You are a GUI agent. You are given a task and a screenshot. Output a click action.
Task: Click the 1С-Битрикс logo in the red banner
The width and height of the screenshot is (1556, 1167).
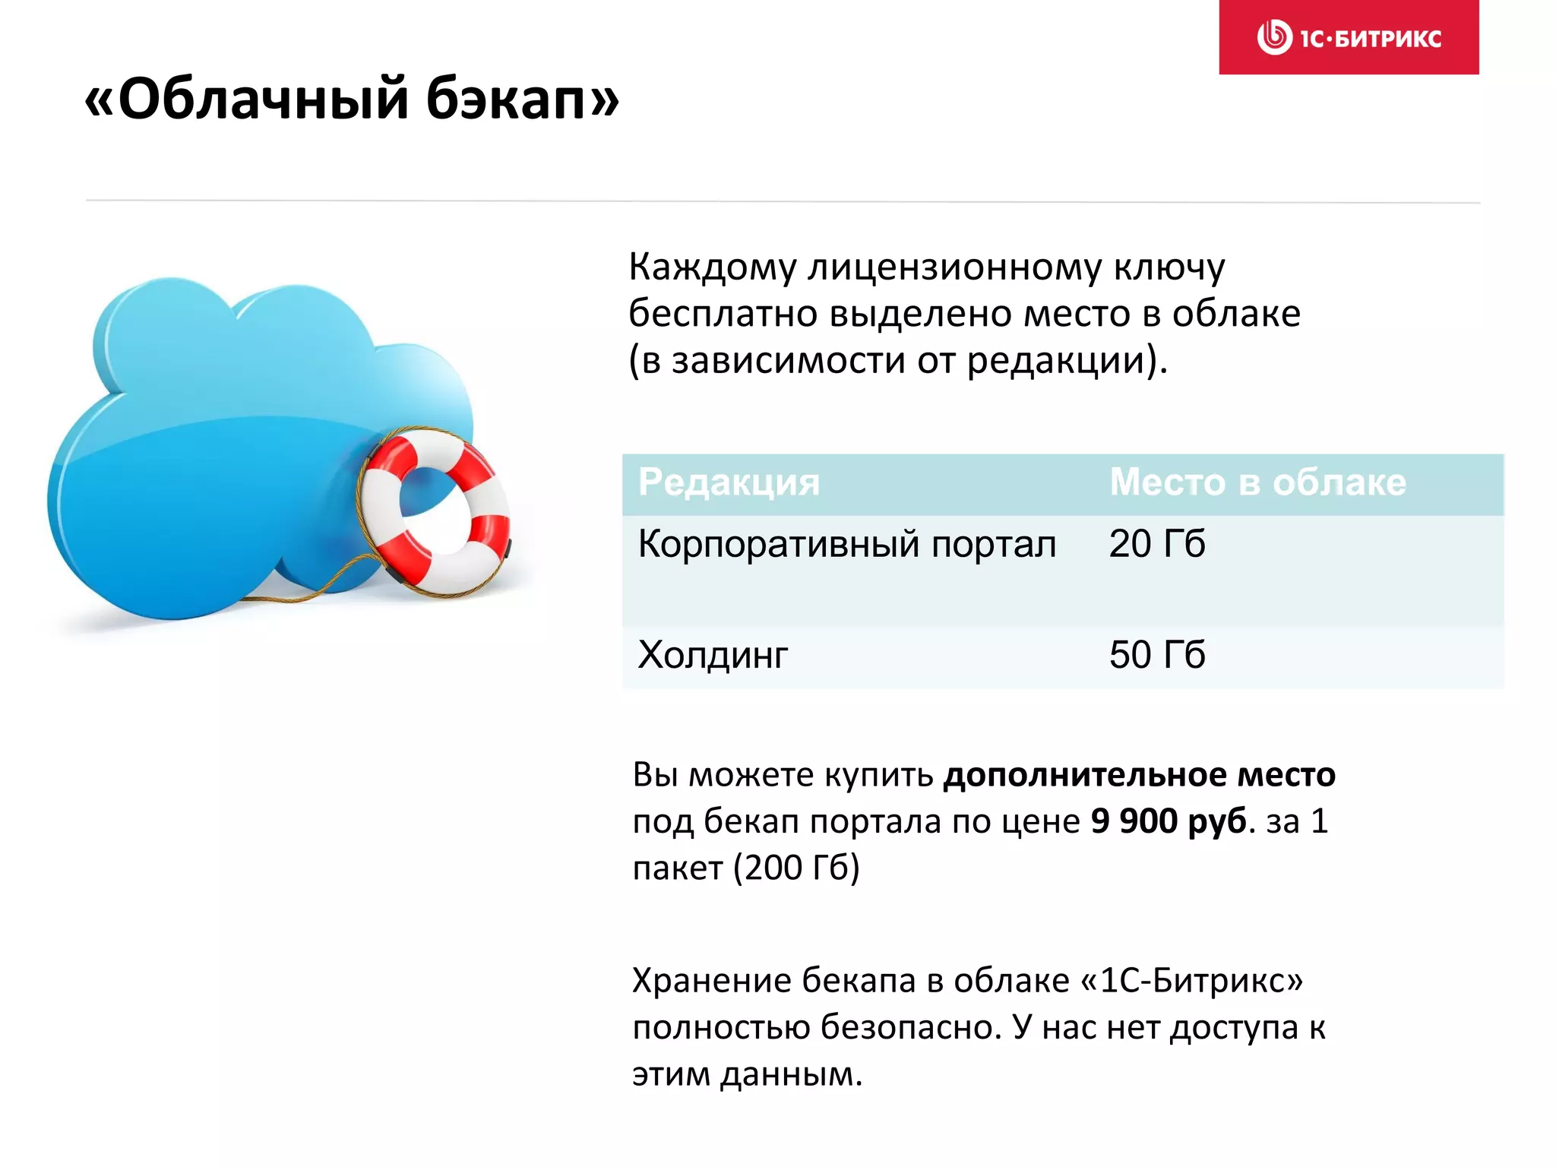(1349, 37)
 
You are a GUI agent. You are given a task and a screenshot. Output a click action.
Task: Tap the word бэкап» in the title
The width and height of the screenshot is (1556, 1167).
(523, 99)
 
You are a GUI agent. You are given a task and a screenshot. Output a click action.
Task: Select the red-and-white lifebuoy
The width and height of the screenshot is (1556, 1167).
(435, 511)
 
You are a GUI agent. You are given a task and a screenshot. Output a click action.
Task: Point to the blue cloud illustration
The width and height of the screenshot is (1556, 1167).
(228, 456)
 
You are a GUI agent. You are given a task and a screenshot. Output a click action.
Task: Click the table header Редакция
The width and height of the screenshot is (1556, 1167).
(729, 482)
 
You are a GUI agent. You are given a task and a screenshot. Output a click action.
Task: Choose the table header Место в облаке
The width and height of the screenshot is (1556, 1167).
(1257, 482)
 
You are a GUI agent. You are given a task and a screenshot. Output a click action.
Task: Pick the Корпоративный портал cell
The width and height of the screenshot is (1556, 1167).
(846, 545)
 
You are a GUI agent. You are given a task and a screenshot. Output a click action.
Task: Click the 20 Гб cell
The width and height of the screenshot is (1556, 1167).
(1156, 544)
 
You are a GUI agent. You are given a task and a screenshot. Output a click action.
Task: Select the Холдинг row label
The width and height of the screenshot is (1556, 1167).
(713, 655)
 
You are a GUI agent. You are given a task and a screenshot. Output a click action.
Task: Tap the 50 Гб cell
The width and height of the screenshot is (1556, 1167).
(1156, 655)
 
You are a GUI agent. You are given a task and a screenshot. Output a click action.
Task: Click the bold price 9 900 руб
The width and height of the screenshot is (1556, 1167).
(1169, 821)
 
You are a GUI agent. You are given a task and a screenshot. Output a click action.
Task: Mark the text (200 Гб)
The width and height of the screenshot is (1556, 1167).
(796, 868)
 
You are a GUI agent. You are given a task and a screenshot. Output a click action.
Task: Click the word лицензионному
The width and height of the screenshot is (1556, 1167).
(954, 267)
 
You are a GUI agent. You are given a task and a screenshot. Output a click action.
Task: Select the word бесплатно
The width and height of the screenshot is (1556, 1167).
(723, 314)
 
